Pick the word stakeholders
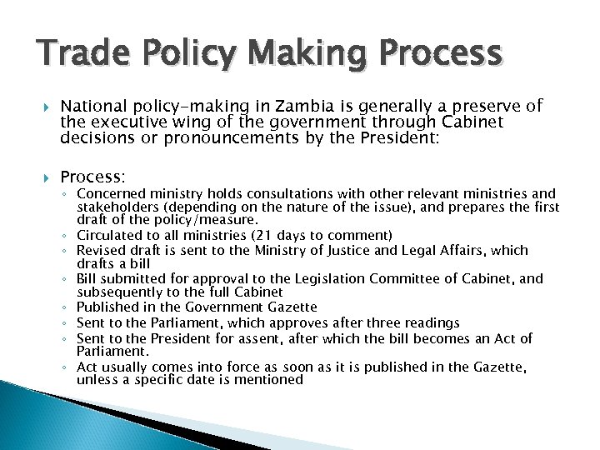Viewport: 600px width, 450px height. [x=117, y=207]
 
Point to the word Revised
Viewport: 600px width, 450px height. [x=102, y=250]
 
